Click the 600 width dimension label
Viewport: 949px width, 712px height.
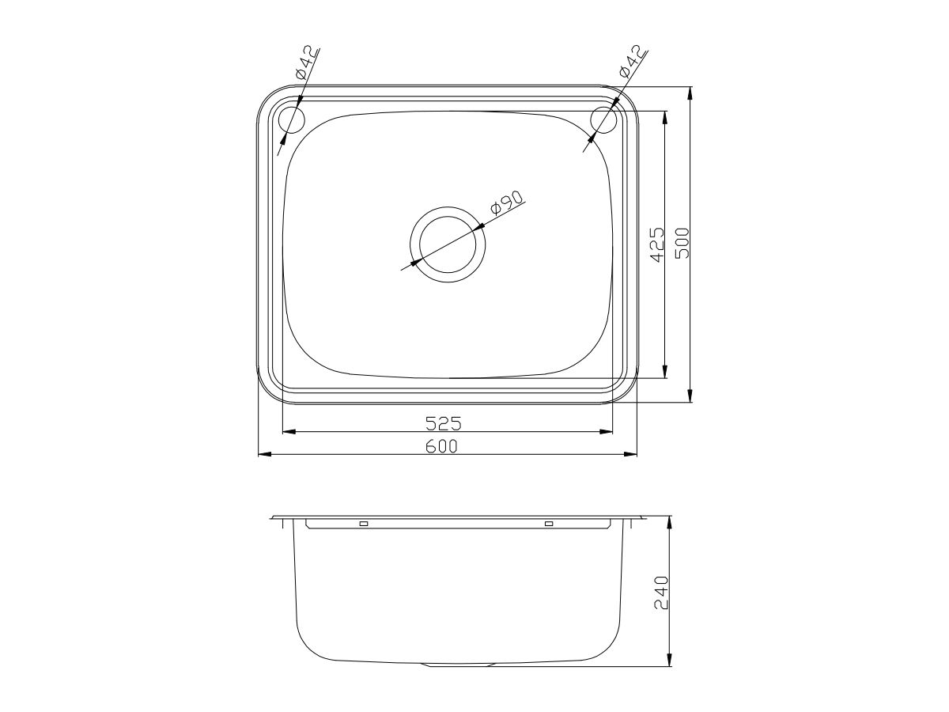pyautogui.click(x=441, y=446)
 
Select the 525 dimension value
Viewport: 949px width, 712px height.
pyautogui.click(x=443, y=423)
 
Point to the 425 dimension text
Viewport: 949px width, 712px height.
pyautogui.click(x=656, y=246)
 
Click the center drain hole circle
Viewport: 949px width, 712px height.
pyautogui.click(x=448, y=244)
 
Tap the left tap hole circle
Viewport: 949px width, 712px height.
pyautogui.click(x=293, y=120)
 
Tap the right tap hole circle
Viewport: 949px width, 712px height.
pyautogui.click(x=604, y=120)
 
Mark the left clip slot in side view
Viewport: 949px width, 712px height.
pyautogui.click(x=364, y=524)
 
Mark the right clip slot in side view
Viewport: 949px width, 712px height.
pyautogui.click(x=548, y=524)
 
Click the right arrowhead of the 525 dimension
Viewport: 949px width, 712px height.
pyautogui.click(x=607, y=432)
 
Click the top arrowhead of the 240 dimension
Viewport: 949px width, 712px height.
pyautogui.click(x=670, y=524)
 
